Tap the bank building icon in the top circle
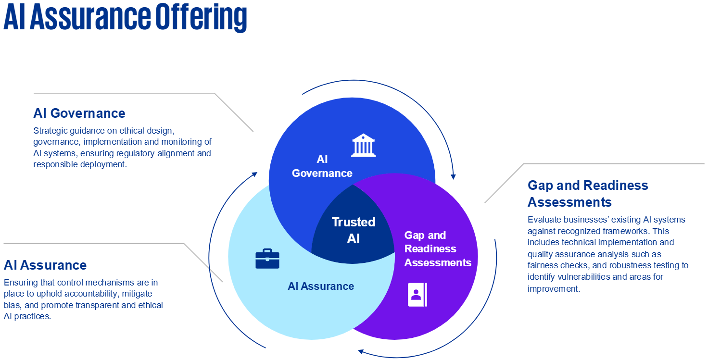(x=364, y=145)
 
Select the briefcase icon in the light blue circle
(x=267, y=259)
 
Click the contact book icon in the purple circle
(x=417, y=295)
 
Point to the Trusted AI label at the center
(x=354, y=230)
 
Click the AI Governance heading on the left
(x=79, y=113)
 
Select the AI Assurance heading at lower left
(x=45, y=265)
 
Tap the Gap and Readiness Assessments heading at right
(x=588, y=193)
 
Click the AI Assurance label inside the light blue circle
(x=321, y=286)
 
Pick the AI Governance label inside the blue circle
(x=322, y=166)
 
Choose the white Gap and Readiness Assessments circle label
(x=437, y=249)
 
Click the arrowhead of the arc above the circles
(x=453, y=176)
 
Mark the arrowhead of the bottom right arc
(x=361, y=351)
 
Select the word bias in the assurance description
(x=13, y=305)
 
